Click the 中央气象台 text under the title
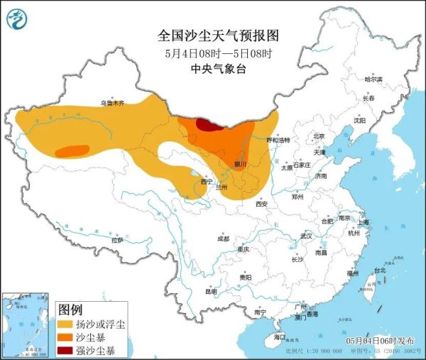coord(212,69)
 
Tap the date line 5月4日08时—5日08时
coord(212,53)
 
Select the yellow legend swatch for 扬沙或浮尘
coord(68,324)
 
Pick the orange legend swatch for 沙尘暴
coord(68,337)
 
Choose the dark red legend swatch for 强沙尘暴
coord(68,349)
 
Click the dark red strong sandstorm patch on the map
coord(207,126)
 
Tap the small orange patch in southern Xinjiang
coord(69,151)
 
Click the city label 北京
coord(319,136)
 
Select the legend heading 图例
coord(70,310)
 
